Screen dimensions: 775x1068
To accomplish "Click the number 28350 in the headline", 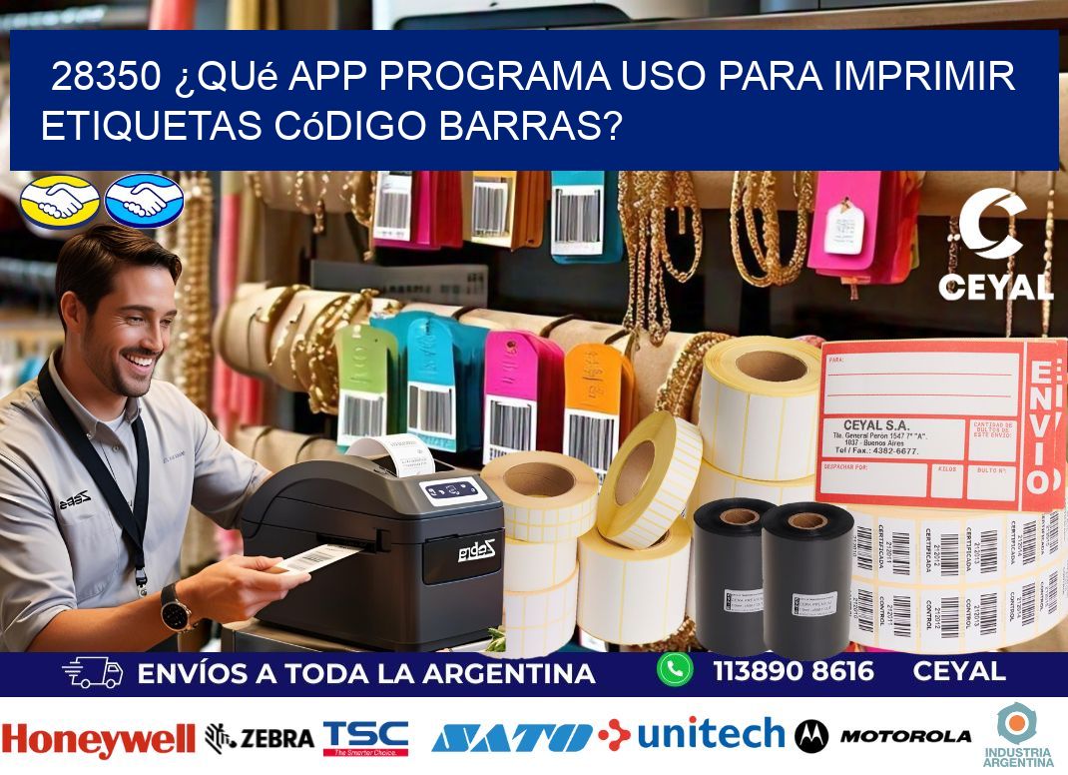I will point(105,76).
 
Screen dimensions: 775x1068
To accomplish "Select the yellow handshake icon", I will point(60,199).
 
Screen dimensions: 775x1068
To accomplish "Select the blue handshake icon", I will point(144,199).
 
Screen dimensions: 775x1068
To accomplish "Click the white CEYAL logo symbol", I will point(992,226).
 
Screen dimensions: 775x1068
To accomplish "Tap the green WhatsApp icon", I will point(675,669).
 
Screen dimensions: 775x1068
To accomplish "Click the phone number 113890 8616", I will point(794,671).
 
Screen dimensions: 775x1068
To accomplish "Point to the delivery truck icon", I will point(92,672).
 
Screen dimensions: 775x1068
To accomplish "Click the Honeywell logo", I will point(98,740).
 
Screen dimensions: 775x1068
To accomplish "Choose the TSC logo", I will point(365,737).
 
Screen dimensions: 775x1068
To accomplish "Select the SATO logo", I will point(511,738).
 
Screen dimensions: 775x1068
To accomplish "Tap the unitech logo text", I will point(711,734).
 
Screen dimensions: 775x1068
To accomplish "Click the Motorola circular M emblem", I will point(811,737).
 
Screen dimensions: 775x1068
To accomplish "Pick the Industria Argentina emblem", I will point(1017,733).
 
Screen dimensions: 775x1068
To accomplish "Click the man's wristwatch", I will point(176,607).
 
